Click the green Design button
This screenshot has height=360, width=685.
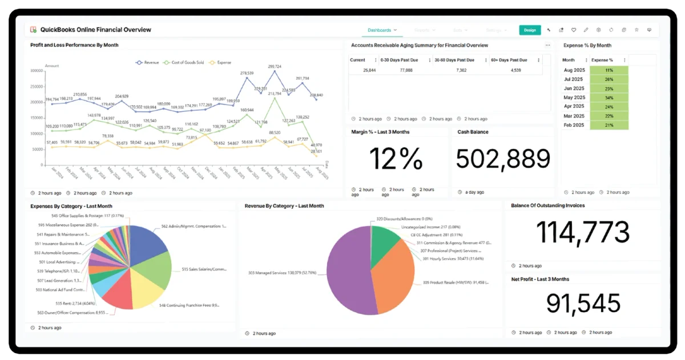530,30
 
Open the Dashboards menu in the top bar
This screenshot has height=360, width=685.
380,30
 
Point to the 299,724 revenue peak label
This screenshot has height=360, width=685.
275,67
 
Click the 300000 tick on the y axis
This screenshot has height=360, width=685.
37,71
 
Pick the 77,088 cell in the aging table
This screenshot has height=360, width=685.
406,70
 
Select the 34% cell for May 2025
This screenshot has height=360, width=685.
609,97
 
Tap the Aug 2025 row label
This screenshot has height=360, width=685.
573,70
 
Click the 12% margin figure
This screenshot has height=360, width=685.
396,159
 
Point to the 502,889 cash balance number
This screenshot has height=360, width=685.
503,159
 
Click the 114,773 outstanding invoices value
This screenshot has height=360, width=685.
583,232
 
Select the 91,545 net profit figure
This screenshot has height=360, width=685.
583,304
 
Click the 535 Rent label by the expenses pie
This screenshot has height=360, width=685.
71,304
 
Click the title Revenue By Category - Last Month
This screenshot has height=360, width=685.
284,206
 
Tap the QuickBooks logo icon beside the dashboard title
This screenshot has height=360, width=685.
33,29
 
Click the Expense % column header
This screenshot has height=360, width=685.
602,60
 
